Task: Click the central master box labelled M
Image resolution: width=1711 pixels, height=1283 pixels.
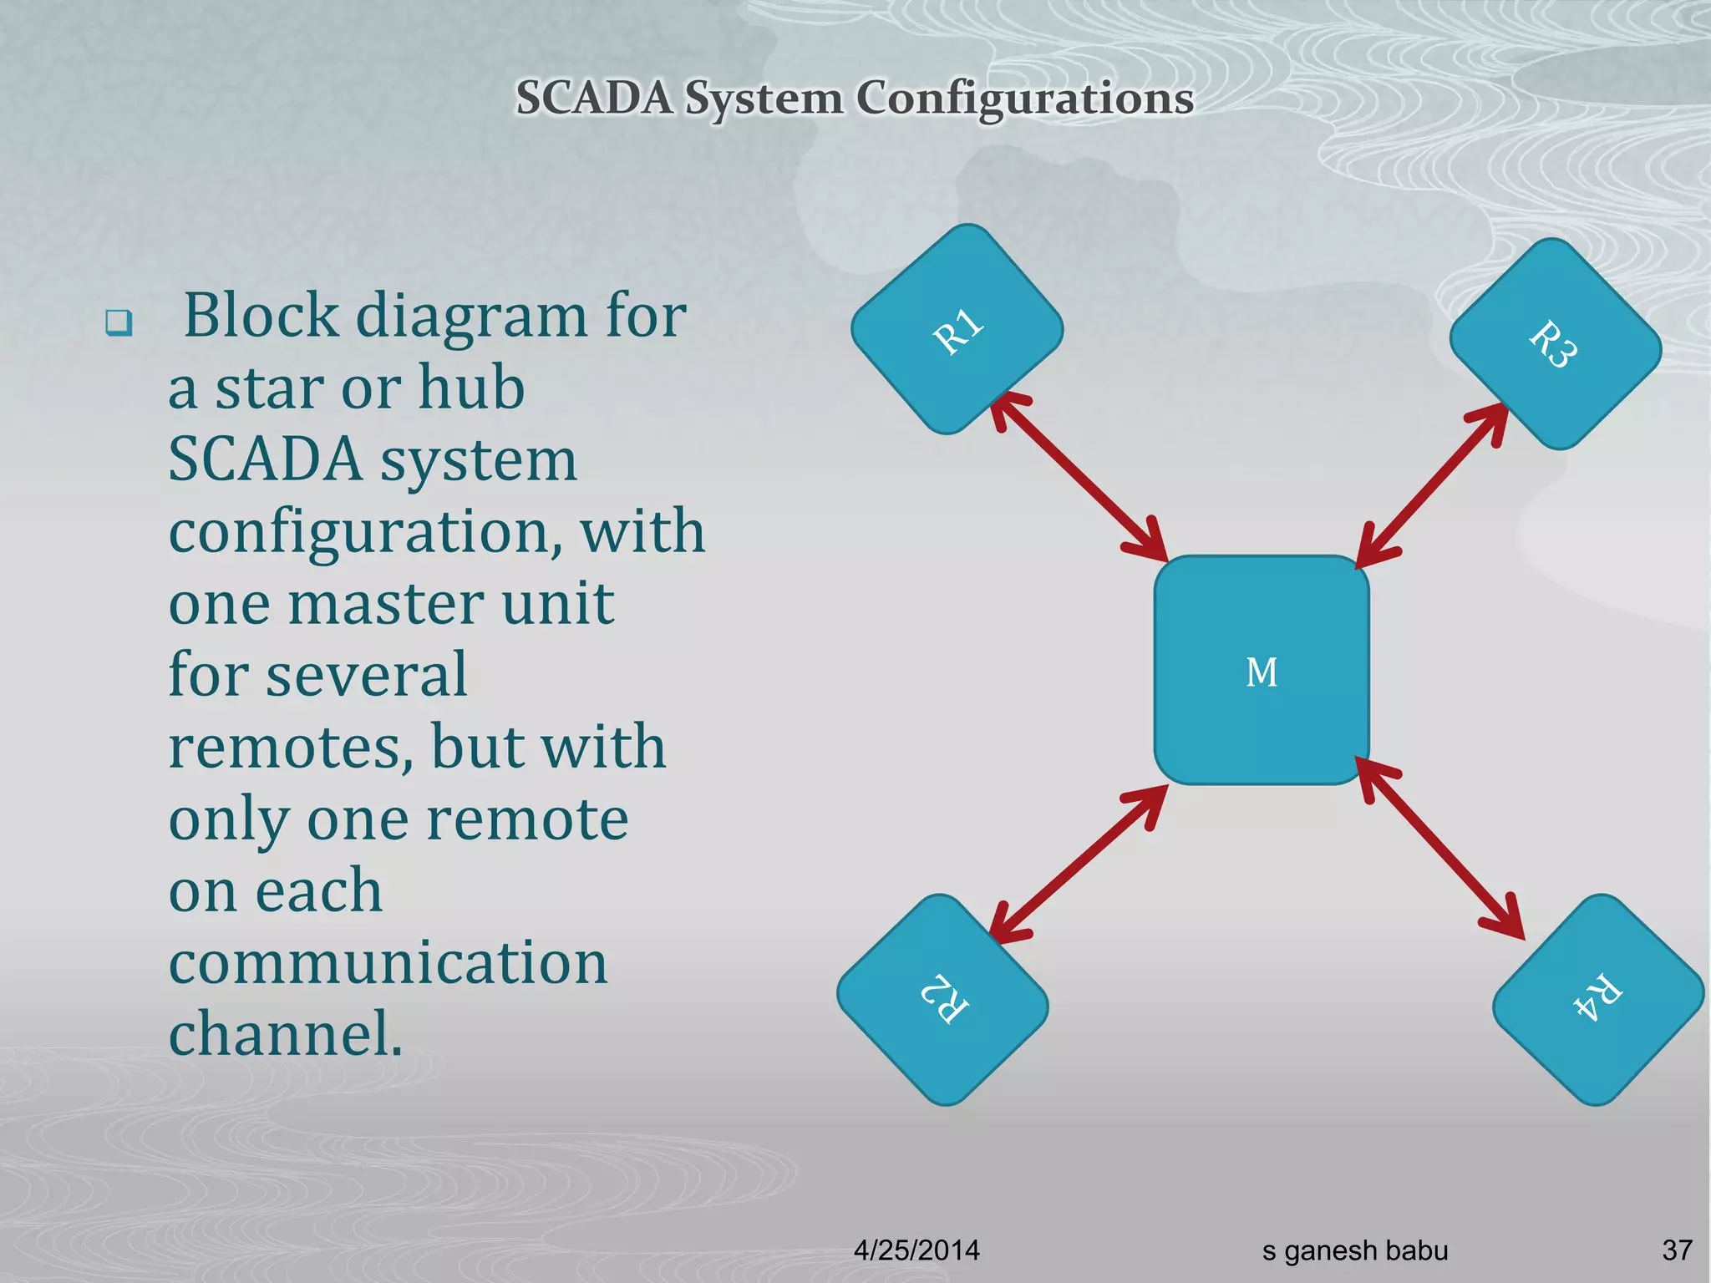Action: tap(1262, 670)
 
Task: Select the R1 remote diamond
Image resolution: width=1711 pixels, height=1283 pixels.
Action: tap(957, 329)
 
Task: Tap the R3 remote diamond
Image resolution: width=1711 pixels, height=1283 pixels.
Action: tap(1555, 343)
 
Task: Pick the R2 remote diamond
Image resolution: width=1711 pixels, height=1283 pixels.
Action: tap(943, 999)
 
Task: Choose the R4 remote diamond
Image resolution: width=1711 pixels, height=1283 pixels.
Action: tap(1597, 999)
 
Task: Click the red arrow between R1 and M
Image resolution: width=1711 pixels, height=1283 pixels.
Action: tap(1078, 476)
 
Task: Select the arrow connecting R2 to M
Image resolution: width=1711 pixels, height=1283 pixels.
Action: tap(1078, 864)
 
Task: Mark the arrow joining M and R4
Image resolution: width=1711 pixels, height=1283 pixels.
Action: tap(1440, 849)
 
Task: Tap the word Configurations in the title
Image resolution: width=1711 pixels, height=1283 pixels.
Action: tap(1024, 98)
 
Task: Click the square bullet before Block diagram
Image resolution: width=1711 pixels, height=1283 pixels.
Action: tap(119, 322)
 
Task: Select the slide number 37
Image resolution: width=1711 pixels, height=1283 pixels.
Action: tap(1677, 1250)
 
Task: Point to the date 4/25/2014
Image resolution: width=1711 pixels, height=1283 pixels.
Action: tap(916, 1250)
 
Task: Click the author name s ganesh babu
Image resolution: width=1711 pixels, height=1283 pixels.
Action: tap(1354, 1250)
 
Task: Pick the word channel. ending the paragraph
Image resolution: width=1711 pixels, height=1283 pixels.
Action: tap(286, 1034)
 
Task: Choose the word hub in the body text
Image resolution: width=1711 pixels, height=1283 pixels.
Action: tap(471, 388)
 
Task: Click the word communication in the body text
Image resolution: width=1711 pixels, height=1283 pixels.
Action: tap(388, 962)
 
